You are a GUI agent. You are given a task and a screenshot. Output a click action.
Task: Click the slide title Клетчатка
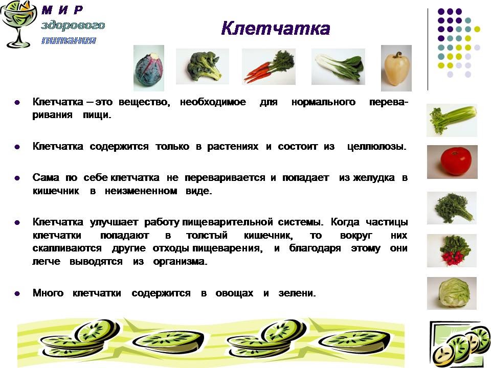click(x=276, y=29)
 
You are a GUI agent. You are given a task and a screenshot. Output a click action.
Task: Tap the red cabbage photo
click(x=149, y=68)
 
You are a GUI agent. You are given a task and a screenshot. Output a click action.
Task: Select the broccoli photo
click(x=203, y=66)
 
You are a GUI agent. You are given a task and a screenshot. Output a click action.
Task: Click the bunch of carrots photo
click(x=269, y=66)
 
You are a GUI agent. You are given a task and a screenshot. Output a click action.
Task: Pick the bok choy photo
click(x=338, y=66)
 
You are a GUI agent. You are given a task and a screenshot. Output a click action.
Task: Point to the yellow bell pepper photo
click(x=396, y=68)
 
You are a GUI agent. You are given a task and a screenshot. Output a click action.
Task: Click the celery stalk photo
click(x=452, y=121)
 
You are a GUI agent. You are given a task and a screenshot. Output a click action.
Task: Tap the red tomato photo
click(x=452, y=162)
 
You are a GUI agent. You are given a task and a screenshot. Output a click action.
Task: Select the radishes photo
click(x=452, y=250)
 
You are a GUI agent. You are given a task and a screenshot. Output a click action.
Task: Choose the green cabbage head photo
click(x=452, y=293)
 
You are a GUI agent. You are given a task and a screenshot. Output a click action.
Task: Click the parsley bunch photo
click(x=452, y=208)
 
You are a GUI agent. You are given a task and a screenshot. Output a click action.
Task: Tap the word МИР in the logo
click(x=62, y=10)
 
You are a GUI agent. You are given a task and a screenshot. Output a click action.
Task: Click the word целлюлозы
click(x=377, y=147)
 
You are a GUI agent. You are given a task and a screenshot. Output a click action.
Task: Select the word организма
click(x=180, y=262)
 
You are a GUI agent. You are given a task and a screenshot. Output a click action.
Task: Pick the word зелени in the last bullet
click(x=297, y=293)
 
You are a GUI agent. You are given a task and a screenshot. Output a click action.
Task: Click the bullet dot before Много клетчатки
click(x=17, y=293)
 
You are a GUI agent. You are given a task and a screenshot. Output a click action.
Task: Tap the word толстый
click(x=207, y=235)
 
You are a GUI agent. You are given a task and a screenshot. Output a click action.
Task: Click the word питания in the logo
click(x=69, y=40)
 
